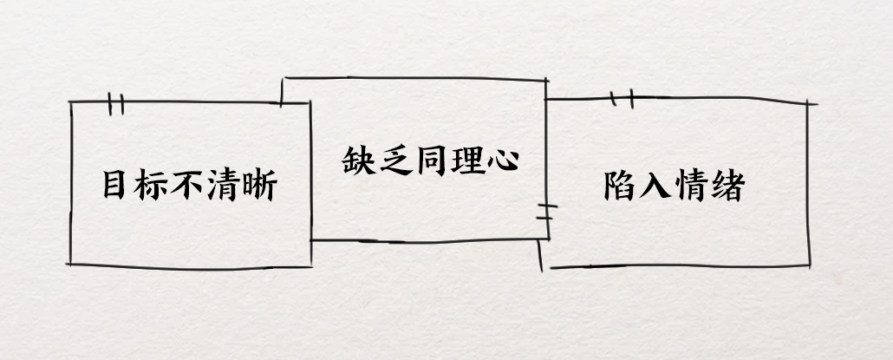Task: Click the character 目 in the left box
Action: click(x=114, y=185)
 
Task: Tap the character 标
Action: click(x=152, y=185)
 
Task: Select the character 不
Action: click(x=188, y=185)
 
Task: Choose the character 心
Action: click(x=500, y=160)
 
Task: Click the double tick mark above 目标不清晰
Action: click(x=116, y=104)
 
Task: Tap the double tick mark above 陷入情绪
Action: click(x=622, y=99)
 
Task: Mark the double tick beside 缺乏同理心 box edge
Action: click(x=544, y=213)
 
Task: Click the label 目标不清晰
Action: click(x=188, y=185)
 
